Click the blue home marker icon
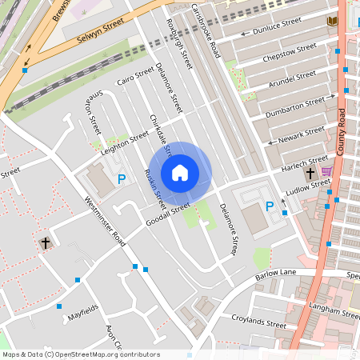180,173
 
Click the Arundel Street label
293,78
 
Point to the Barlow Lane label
277,274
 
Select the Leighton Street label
126,141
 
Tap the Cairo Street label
134,78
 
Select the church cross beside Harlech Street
310,174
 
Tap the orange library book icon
332,21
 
